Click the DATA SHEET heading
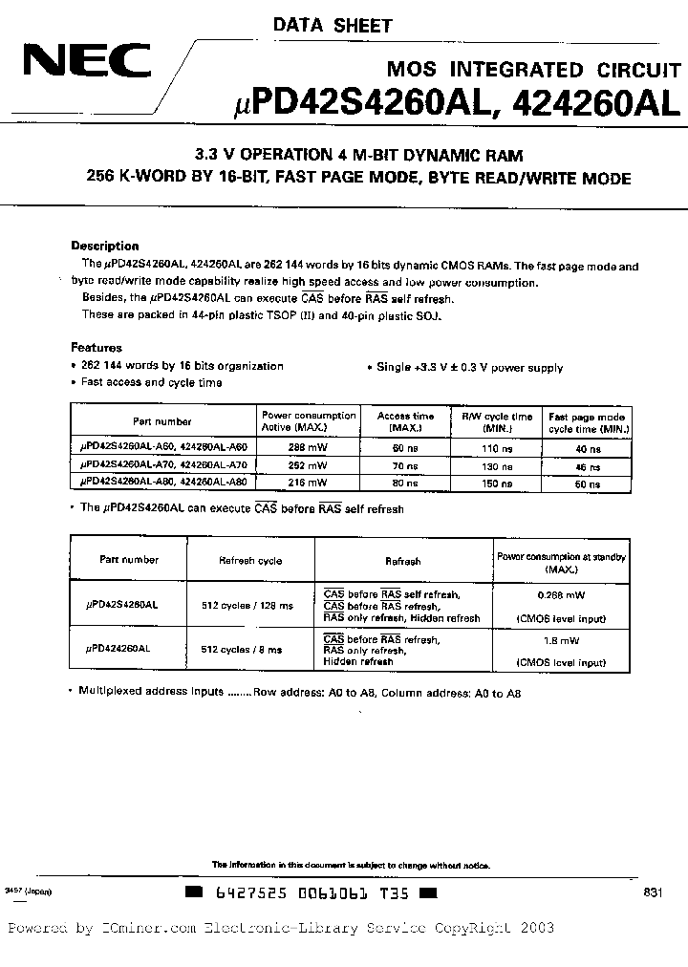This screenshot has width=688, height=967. tap(333, 26)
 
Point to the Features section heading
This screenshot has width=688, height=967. tap(97, 348)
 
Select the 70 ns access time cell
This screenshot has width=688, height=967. tap(405, 465)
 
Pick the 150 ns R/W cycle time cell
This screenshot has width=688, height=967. tap(498, 482)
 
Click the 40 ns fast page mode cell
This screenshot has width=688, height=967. tap(587, 447)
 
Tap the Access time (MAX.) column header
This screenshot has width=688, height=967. tap(405, 421)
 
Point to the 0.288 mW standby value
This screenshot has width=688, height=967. tap(560, 593)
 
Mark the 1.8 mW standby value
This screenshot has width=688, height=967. tap(560, 641)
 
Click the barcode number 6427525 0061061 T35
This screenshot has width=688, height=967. tap(311, 893)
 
